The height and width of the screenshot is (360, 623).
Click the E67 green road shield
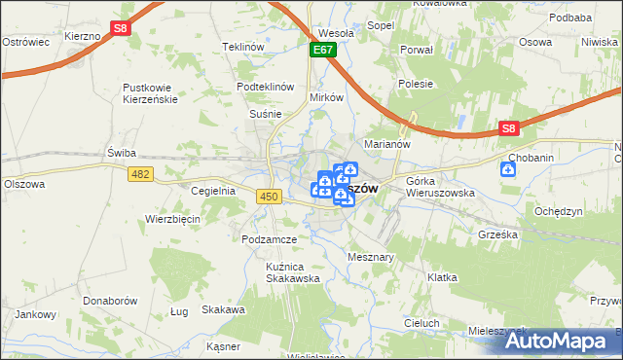323,49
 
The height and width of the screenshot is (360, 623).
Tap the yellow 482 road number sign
139,173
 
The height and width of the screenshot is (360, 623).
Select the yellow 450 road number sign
270,198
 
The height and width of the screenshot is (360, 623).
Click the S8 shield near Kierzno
119,29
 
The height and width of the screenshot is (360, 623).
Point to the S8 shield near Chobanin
508,127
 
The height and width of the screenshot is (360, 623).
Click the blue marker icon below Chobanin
508,170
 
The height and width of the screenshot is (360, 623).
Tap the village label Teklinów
243,47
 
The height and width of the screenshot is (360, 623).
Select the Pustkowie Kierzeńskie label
147,93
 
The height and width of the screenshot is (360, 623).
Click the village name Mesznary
370,257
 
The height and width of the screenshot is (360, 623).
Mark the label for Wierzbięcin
172,219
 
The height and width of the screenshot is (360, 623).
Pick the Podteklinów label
266,87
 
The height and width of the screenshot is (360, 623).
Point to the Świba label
122,153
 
